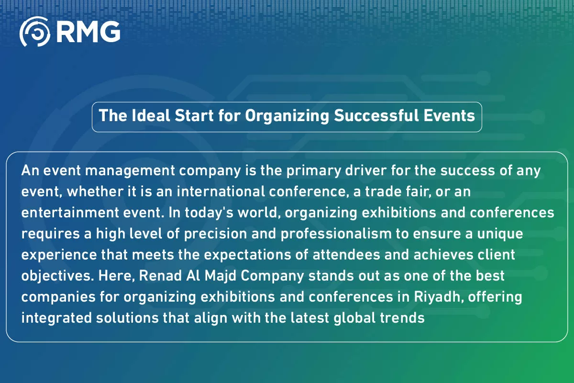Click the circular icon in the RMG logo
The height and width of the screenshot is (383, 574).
click(35, 32)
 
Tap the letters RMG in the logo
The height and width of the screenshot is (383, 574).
click(88, 32)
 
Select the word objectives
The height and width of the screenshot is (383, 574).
click(51, 276)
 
